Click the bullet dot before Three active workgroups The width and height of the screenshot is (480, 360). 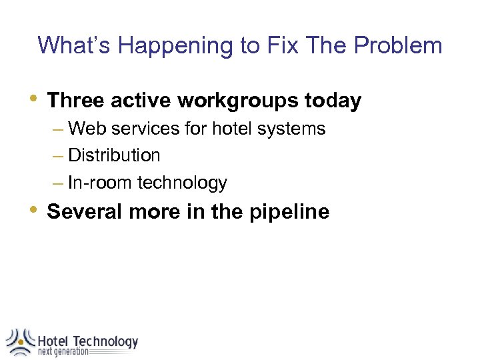point(34,99)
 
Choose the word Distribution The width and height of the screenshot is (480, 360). point(114,155)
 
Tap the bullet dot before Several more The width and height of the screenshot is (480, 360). point(34,209)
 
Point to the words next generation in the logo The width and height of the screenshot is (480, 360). point(63,352)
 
